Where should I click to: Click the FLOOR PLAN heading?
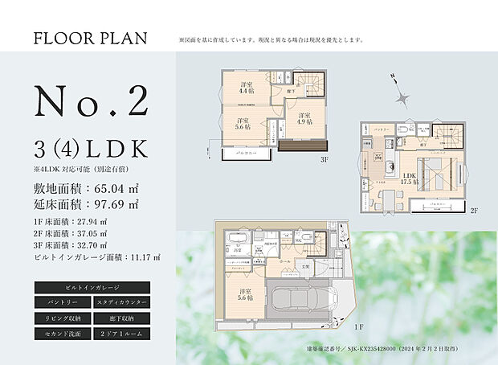[x=91, y=38]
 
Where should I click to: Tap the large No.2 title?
[x=92, y=101]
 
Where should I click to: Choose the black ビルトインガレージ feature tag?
[x=91, y=287]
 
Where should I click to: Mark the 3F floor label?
[x=324, y=159]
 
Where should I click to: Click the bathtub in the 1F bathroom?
[x=234, y=244]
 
